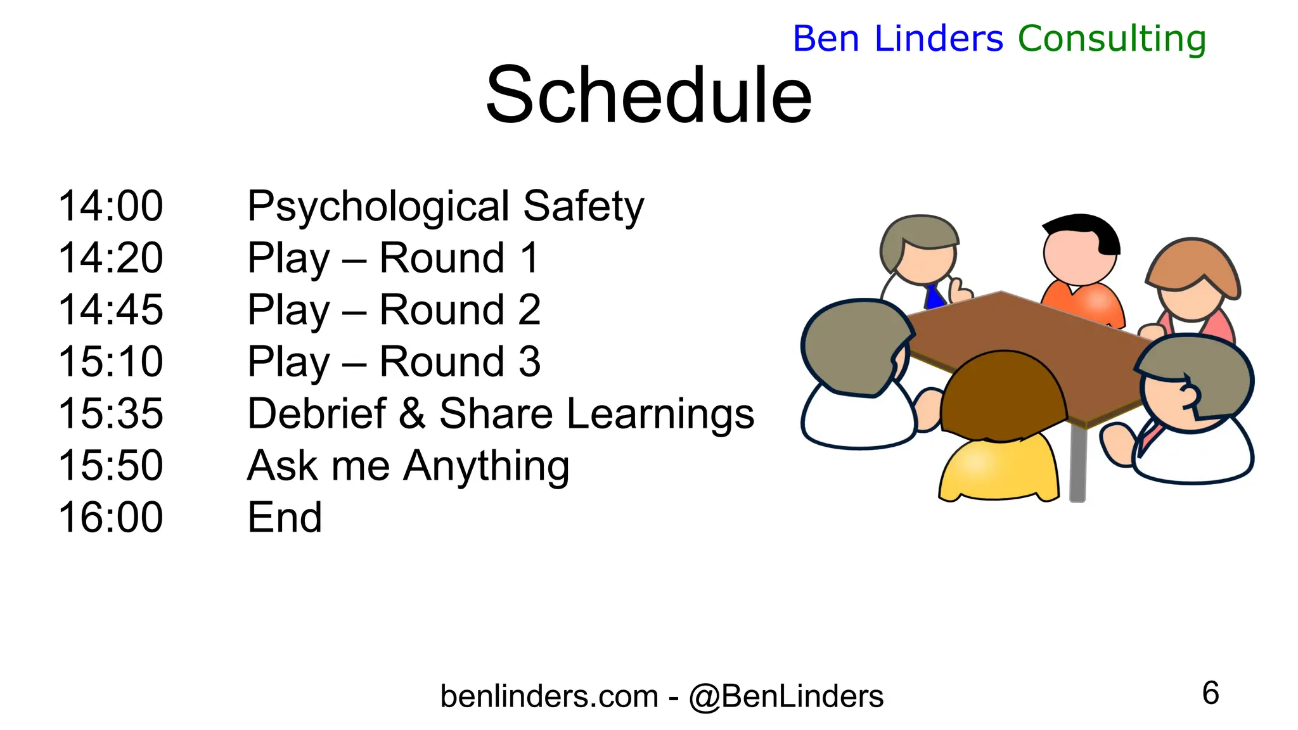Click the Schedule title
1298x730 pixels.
[648, 95]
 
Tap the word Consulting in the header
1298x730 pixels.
[1111, 39]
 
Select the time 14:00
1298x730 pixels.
[111, 206]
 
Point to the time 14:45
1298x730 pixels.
[111, 310]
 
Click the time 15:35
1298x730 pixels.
[111, 414]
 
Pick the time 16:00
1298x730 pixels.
[111, 517]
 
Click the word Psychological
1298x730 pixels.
[378, 207]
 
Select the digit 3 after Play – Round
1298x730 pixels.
[529, 362]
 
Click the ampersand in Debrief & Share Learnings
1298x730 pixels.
[412, 414]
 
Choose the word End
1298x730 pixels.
[285, 517]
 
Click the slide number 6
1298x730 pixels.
[1210, 693]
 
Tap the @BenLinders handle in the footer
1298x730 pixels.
[786, 696]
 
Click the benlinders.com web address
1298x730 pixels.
[549, 696]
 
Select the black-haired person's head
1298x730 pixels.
[1079, 249]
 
